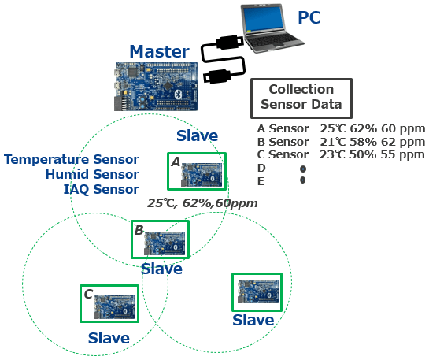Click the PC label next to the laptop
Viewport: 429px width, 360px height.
coord(309,17)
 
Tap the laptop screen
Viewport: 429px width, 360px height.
coord(264,19)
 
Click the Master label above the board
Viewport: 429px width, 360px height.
coord(159,51)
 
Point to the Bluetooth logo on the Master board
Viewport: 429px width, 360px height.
coord(178,95)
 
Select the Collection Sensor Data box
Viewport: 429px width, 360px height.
coord(301,98)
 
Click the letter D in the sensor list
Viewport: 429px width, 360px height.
coord(261,168)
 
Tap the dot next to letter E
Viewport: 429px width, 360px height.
coord(302,180)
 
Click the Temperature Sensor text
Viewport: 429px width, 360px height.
coord(72,159)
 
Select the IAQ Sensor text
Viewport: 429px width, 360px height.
coord(102,189)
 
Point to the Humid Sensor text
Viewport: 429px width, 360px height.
coord(92,174)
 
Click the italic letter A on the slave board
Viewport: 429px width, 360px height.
coord(176,162)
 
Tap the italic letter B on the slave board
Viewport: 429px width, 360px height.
coord(139,230)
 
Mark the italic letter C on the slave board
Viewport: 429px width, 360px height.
coord(88,295)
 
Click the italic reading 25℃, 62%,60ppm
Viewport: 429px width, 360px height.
coord(202,203)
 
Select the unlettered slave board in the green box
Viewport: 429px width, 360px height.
coord(257,292)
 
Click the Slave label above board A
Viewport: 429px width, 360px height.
coord(197,135)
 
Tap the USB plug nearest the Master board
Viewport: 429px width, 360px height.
coord(217,76)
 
